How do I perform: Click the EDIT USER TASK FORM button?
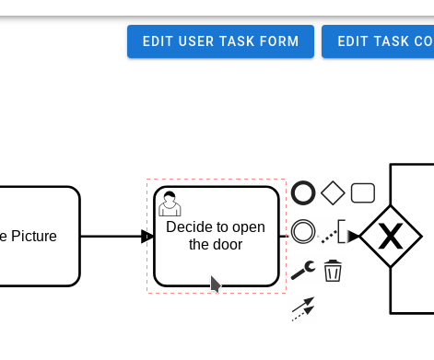220,41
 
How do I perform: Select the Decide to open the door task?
217,262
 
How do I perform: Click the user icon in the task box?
169,203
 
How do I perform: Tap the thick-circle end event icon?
303,192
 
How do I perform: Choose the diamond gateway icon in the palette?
333,192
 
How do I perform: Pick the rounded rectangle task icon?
363,192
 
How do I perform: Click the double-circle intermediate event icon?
303,230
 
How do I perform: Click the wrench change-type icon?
303,270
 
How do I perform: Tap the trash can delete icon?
333,271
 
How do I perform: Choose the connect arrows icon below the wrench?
303,308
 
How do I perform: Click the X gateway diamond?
391,237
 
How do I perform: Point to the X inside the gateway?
391,238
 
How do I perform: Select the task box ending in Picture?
37,236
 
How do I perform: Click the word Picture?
34,236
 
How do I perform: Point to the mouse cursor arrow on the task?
216,284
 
